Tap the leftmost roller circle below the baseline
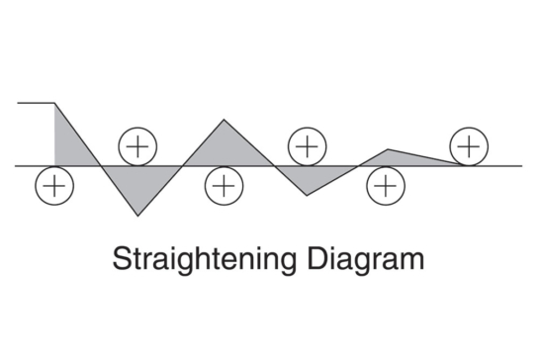click(54, 185)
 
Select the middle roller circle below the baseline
click(225, 185)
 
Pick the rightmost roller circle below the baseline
click(386, 185)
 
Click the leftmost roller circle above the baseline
click(137, 146)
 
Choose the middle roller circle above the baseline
click(308, 146)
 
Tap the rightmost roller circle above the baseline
click(468, 146)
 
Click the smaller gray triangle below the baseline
click(310, 176)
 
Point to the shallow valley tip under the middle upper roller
click(308, 195)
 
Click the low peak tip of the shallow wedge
click(389, 150)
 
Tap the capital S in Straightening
click(121, 260)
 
